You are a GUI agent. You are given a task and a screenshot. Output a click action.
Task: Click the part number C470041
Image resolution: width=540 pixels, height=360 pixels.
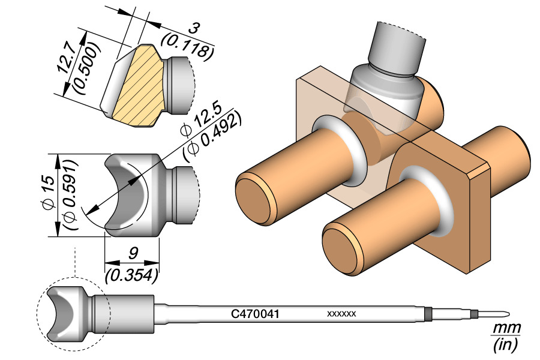255,313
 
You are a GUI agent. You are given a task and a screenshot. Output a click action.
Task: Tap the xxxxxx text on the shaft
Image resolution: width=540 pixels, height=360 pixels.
341,314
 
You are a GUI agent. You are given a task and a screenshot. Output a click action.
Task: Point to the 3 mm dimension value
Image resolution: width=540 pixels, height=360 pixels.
194,29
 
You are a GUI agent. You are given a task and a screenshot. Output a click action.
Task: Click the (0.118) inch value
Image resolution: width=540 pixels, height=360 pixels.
187,46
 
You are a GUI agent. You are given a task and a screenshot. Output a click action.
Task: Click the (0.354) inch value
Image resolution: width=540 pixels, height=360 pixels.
131,275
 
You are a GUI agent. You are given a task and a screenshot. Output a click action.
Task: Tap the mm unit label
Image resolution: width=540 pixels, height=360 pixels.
505,328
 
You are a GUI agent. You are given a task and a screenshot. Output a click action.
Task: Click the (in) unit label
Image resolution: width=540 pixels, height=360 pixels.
505,344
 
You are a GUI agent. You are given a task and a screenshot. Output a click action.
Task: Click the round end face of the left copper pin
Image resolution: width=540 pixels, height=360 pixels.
254,197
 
